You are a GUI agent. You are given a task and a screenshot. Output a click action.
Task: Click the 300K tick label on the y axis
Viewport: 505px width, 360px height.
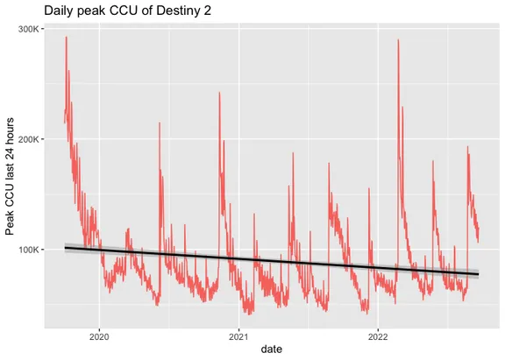tap(27, 28)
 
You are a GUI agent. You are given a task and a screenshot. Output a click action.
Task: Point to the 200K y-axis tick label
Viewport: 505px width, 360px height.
tap(27, 138)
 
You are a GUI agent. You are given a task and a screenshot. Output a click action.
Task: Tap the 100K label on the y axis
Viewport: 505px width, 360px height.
tap(27, 249)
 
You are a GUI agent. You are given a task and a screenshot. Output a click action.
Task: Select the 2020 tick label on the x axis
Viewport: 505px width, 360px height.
tap(99, 335)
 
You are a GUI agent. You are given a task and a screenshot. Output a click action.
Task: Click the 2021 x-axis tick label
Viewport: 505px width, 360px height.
tap(238, 335)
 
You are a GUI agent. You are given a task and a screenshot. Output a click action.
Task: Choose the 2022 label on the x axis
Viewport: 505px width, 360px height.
tap(378, 335)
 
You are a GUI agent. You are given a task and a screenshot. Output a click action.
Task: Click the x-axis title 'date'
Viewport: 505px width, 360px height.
tap(272, 349)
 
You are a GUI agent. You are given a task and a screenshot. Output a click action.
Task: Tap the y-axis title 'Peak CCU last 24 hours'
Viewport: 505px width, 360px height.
tap(11, 175)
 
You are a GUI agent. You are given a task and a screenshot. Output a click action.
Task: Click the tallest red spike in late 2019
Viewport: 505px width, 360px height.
tap(66, 37)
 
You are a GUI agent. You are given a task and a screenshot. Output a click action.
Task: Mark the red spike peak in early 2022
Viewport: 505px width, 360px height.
tap(398, 40)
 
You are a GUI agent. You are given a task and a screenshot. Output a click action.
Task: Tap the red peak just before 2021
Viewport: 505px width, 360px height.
tap(219, 93)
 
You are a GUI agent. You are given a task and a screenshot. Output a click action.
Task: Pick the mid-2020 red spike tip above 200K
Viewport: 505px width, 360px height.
tap(159, 123)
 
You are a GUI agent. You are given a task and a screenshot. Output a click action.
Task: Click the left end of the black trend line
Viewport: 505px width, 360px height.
tap(65, 248)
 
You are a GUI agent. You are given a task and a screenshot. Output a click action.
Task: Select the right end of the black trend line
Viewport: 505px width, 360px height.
tap(479, 274)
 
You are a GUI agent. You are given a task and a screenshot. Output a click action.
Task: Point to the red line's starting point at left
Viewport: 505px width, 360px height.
tap(65, 123)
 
